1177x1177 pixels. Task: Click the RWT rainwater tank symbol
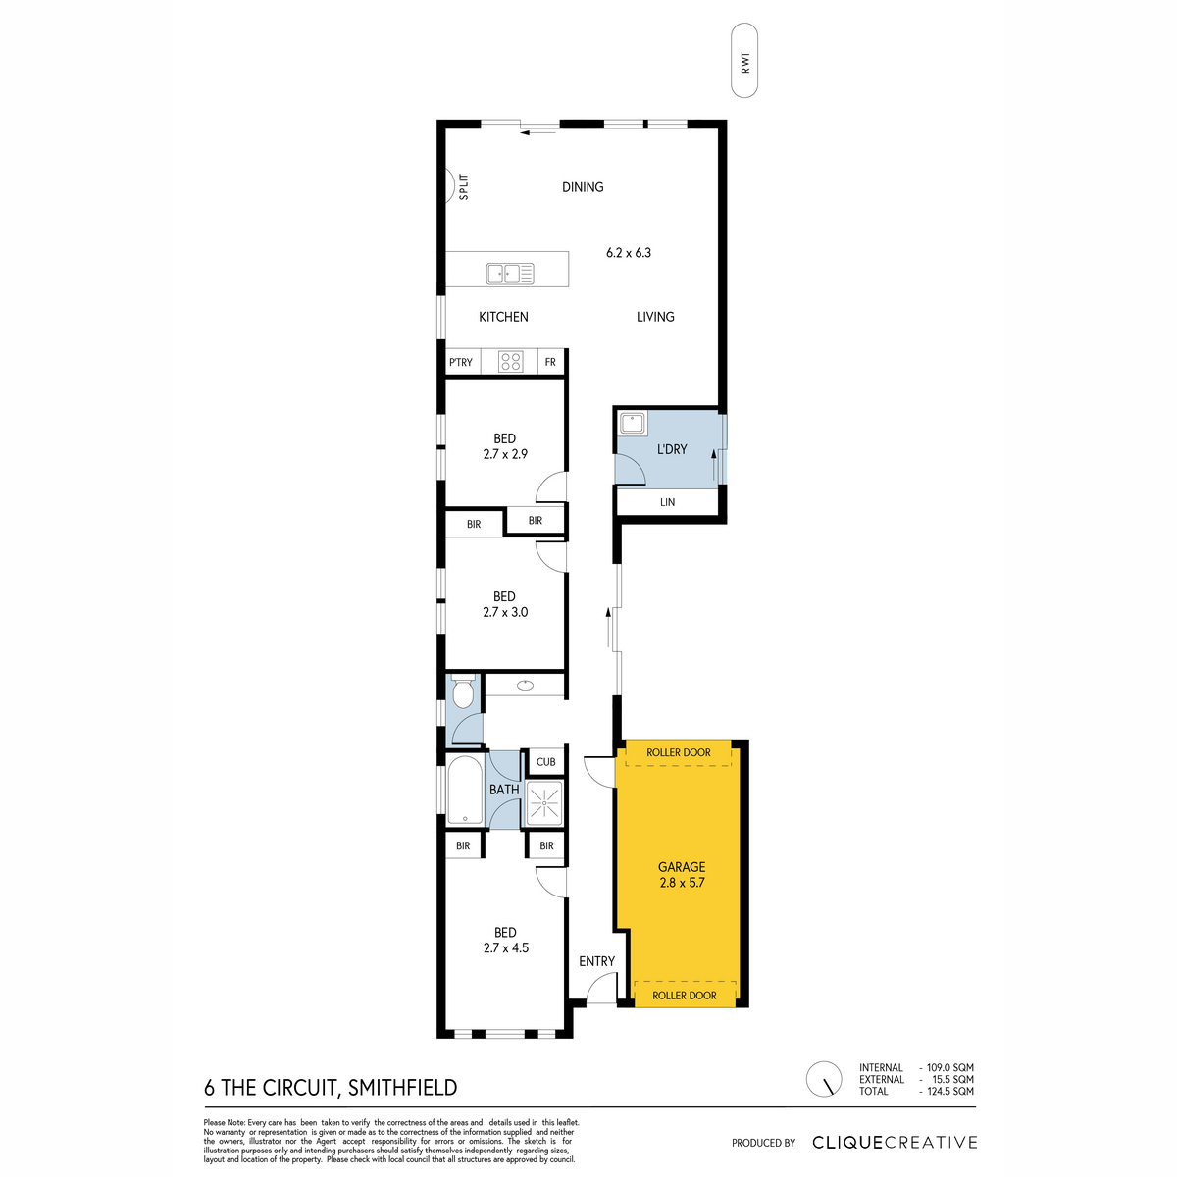point(743,61)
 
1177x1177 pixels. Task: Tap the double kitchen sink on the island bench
point(510,274)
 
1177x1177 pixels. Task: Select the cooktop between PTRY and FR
point(510,362)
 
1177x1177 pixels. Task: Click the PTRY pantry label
point(461,362)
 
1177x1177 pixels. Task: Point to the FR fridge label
point(550,362)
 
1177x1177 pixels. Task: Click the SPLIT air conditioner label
point(464,187)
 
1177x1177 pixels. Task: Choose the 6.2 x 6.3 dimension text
point(629,253)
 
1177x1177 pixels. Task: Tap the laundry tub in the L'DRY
point(633,424)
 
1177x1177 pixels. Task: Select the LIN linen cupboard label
point(667,502)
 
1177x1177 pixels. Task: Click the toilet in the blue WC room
point(463,692)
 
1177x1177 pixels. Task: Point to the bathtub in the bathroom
point(465,791)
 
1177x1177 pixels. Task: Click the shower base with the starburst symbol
point(543,802)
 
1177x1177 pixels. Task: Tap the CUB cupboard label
point(545,762)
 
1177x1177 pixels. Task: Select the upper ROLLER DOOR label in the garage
point(679,752)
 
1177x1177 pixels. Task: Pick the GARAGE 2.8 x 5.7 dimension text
point(682,874)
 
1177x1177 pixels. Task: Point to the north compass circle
point(824,1079)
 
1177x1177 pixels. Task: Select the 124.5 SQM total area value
point(950,1091)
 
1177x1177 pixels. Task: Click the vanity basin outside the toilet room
point(525,686)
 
